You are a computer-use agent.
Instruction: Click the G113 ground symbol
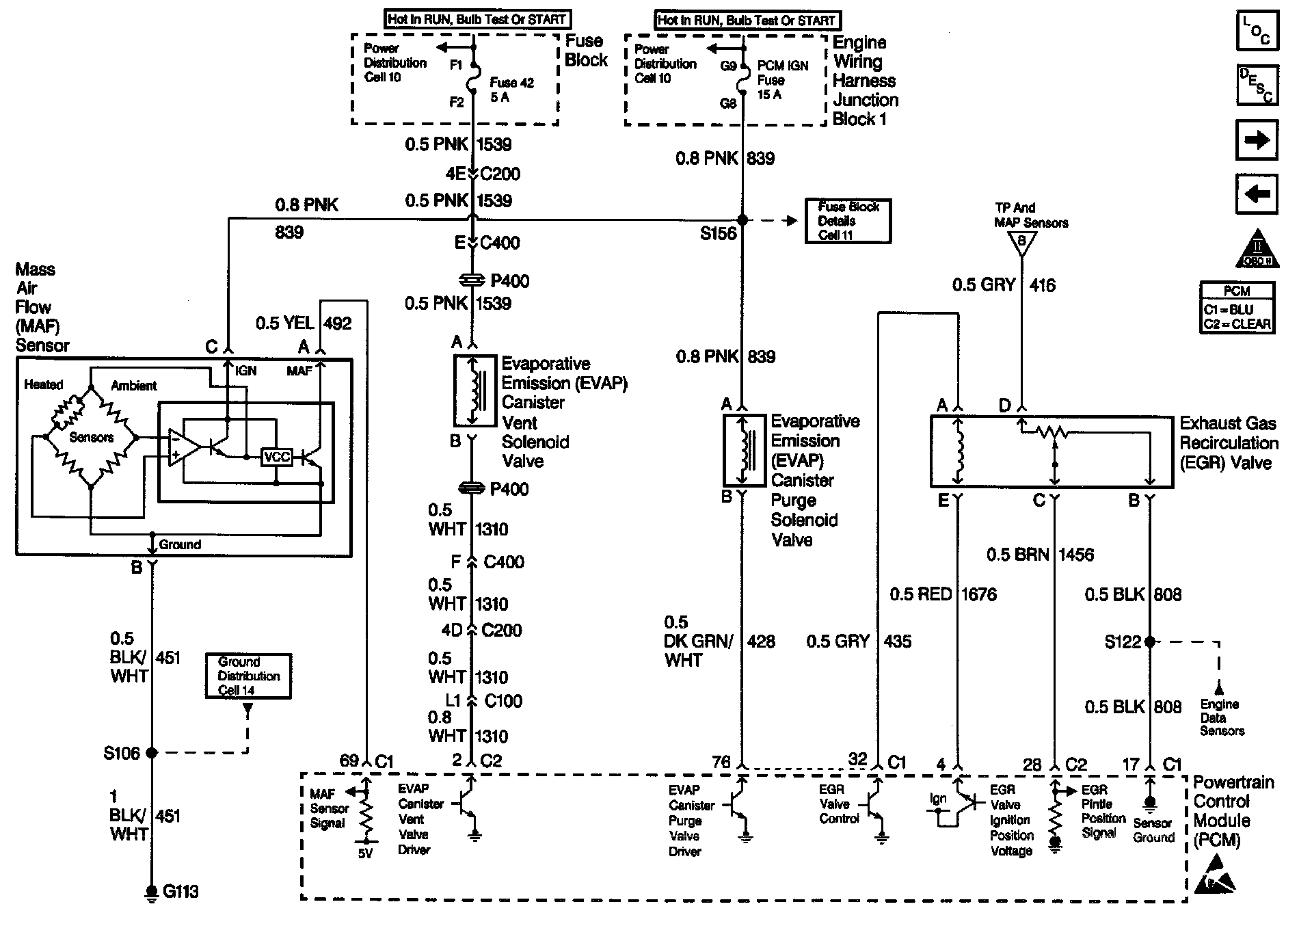pos(151,893)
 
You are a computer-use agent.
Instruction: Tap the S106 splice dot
pos(152,752)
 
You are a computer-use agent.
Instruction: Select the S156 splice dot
pos(742,220)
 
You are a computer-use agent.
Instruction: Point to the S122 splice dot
pos(1150,641)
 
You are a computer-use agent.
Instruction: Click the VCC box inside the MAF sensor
pos(277,457)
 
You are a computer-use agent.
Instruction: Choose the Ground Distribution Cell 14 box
pos(248,676)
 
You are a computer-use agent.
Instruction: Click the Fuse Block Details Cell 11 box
pos(848,221)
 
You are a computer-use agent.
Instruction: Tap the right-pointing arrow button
pos(1257,140)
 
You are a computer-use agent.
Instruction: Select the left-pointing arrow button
pos(1257,194)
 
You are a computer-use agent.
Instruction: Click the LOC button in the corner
pos(1257,30)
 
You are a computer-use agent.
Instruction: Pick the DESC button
pos(1257,85)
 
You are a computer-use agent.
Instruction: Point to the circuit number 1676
pos(979,594)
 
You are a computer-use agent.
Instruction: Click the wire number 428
pos(761,641)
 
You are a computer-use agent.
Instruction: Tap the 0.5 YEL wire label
pos(284,323)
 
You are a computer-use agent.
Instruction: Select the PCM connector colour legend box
pos(1237,308)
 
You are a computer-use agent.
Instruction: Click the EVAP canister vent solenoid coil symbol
pos(474,390)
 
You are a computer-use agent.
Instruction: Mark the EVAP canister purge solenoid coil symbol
pos(745,450)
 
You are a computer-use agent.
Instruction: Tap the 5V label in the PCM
pos(366,853)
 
